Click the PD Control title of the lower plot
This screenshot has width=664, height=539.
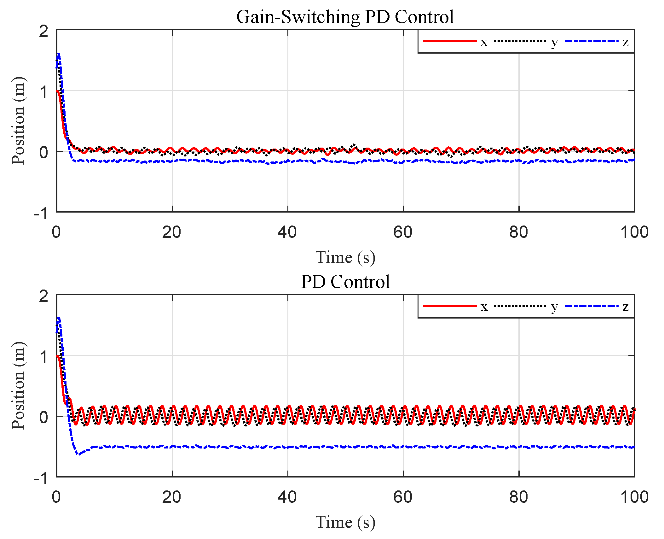coord(345,282)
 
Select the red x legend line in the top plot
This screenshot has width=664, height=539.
coord(450,41)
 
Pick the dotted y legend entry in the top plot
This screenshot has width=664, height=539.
coord(520,41)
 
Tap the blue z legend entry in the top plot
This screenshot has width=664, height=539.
coord(592,41)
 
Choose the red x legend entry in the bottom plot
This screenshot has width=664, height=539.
coord(450,306)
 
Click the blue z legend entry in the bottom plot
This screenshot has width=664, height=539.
coord(592,306)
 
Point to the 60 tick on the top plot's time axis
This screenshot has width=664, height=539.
coord(403,232)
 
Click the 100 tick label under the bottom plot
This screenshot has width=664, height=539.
coord(634,497)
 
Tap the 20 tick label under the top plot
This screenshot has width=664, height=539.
coord(171,232)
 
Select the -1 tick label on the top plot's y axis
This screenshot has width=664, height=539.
coord(41,214)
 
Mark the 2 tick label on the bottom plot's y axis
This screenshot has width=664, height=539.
coord(44,296)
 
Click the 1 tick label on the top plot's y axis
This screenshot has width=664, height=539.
coord(44,92)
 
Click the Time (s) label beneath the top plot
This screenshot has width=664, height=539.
coord(345,257)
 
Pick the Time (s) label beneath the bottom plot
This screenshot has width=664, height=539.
coord(345,522)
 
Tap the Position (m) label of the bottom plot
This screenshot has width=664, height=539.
coord(18,385)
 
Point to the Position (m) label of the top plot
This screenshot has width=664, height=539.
coord(18,120)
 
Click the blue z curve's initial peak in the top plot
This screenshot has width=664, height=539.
coord(59,54)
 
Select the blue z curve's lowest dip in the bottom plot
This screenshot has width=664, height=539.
coord(79,454)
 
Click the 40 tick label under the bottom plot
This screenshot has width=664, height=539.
coord(287,497)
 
